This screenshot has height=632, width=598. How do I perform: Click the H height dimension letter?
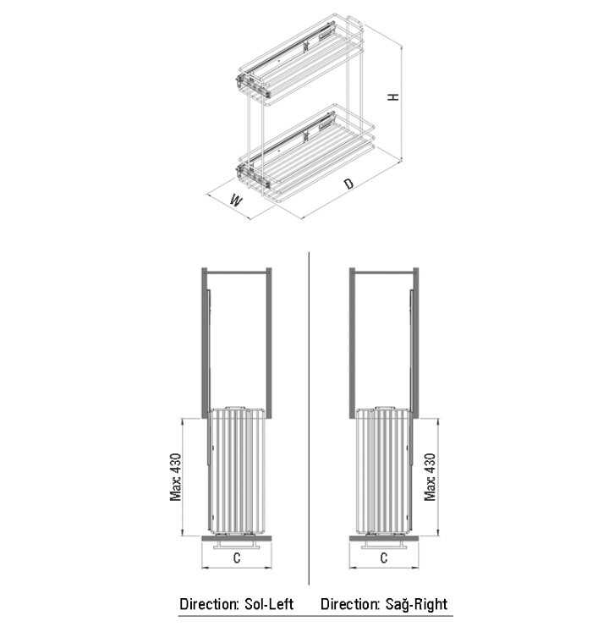pos(393,96)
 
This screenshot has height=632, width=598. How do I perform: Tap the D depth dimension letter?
pos(349,184)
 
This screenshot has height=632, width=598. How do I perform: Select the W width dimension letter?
pos(236,200)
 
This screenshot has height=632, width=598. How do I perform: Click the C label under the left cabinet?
pos(237,558)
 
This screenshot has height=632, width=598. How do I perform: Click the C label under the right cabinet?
pos(384,558)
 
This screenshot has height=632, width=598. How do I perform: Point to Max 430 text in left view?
pos(176,477)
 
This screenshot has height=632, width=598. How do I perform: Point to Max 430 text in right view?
pos(430,477)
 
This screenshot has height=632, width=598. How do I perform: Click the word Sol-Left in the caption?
pos(269,604)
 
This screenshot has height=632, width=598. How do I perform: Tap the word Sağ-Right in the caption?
pos(416,604)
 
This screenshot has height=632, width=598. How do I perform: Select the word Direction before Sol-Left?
pos(209,604)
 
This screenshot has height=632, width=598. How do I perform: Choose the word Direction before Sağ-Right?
pos(350,604)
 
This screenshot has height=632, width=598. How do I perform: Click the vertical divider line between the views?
pos(309,419)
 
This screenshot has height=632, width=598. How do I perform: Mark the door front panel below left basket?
pos(237,538)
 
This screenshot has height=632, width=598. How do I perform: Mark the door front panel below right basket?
pos(384,538)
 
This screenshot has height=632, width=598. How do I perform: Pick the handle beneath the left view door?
pos(237,545)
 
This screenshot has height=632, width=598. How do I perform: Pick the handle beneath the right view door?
pos(384,545)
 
